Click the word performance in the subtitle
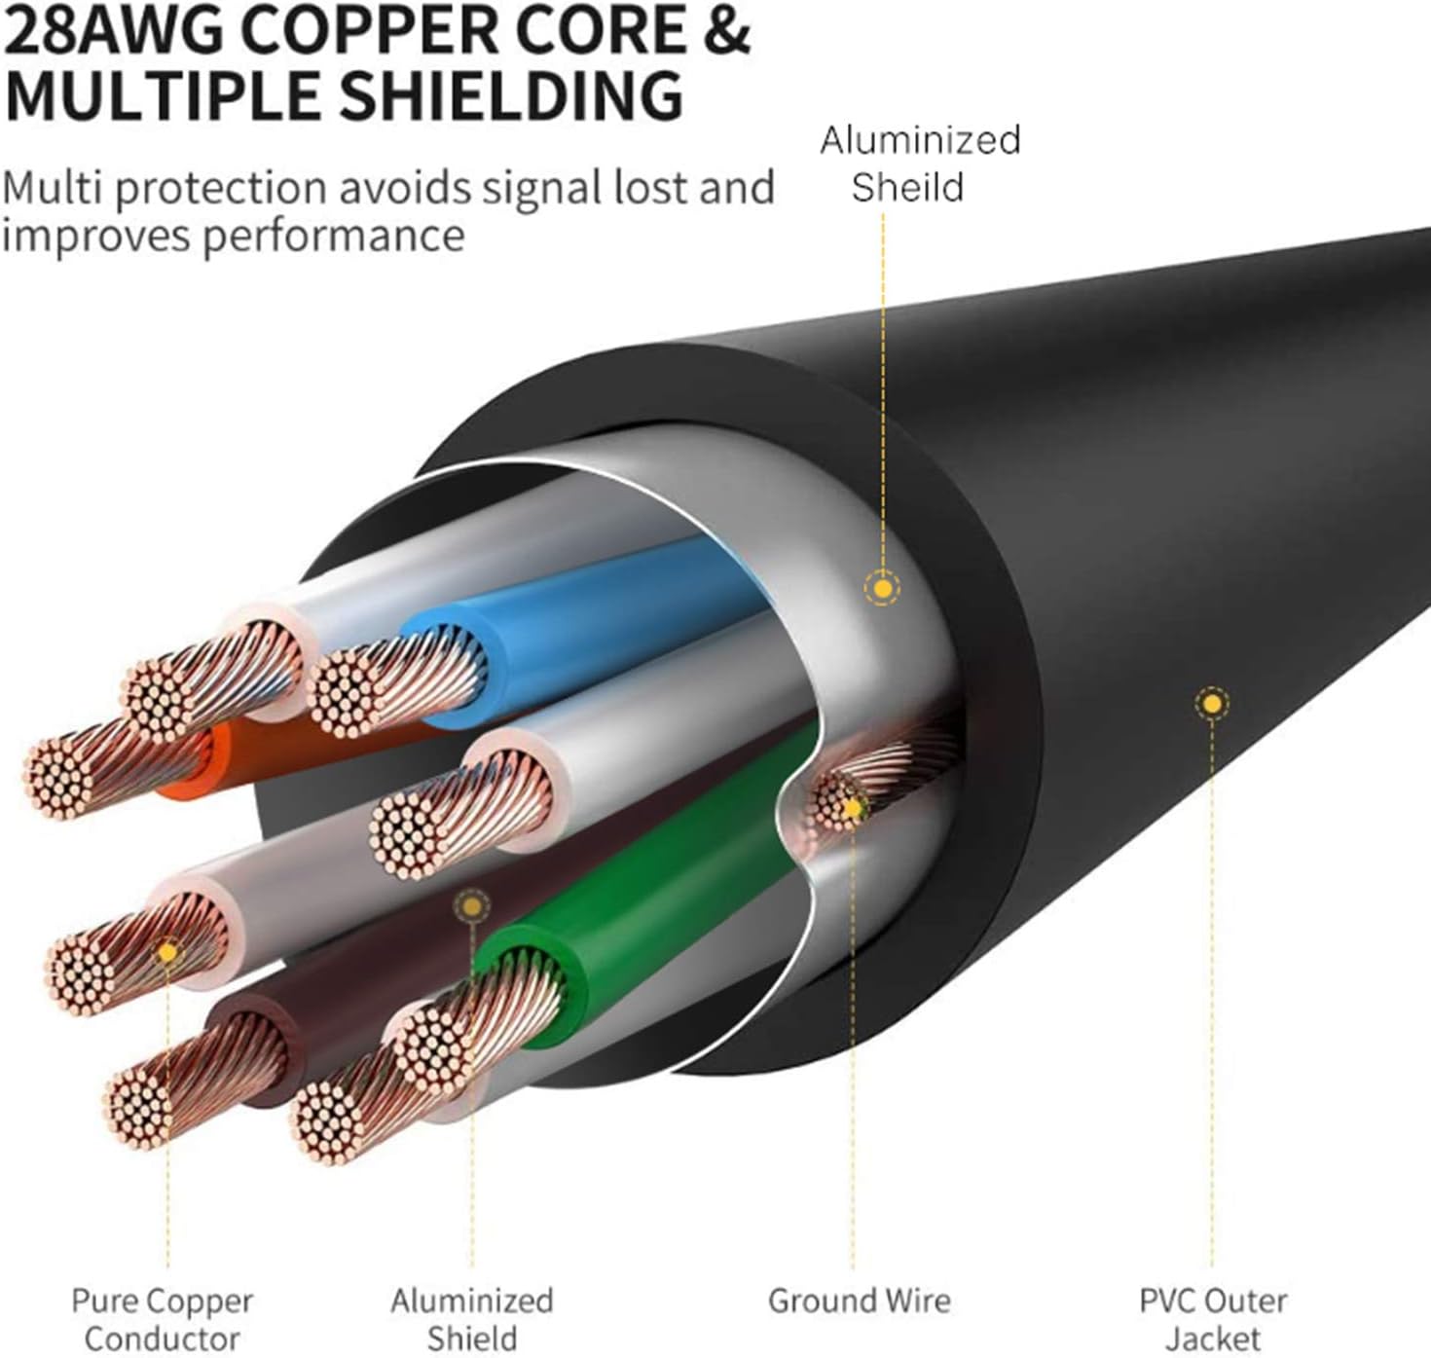point(333,237)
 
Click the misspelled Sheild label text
point(907,187)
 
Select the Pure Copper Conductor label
point(163,1319)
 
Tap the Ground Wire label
point(859,1302)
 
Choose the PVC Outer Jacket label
point(1213,1319)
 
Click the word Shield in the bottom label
point(472,1340)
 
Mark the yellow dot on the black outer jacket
point(1212,704)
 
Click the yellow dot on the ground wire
point(852,808)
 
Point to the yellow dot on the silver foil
point(882,588)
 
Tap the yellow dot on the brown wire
point(472,906)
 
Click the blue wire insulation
point(582,626)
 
